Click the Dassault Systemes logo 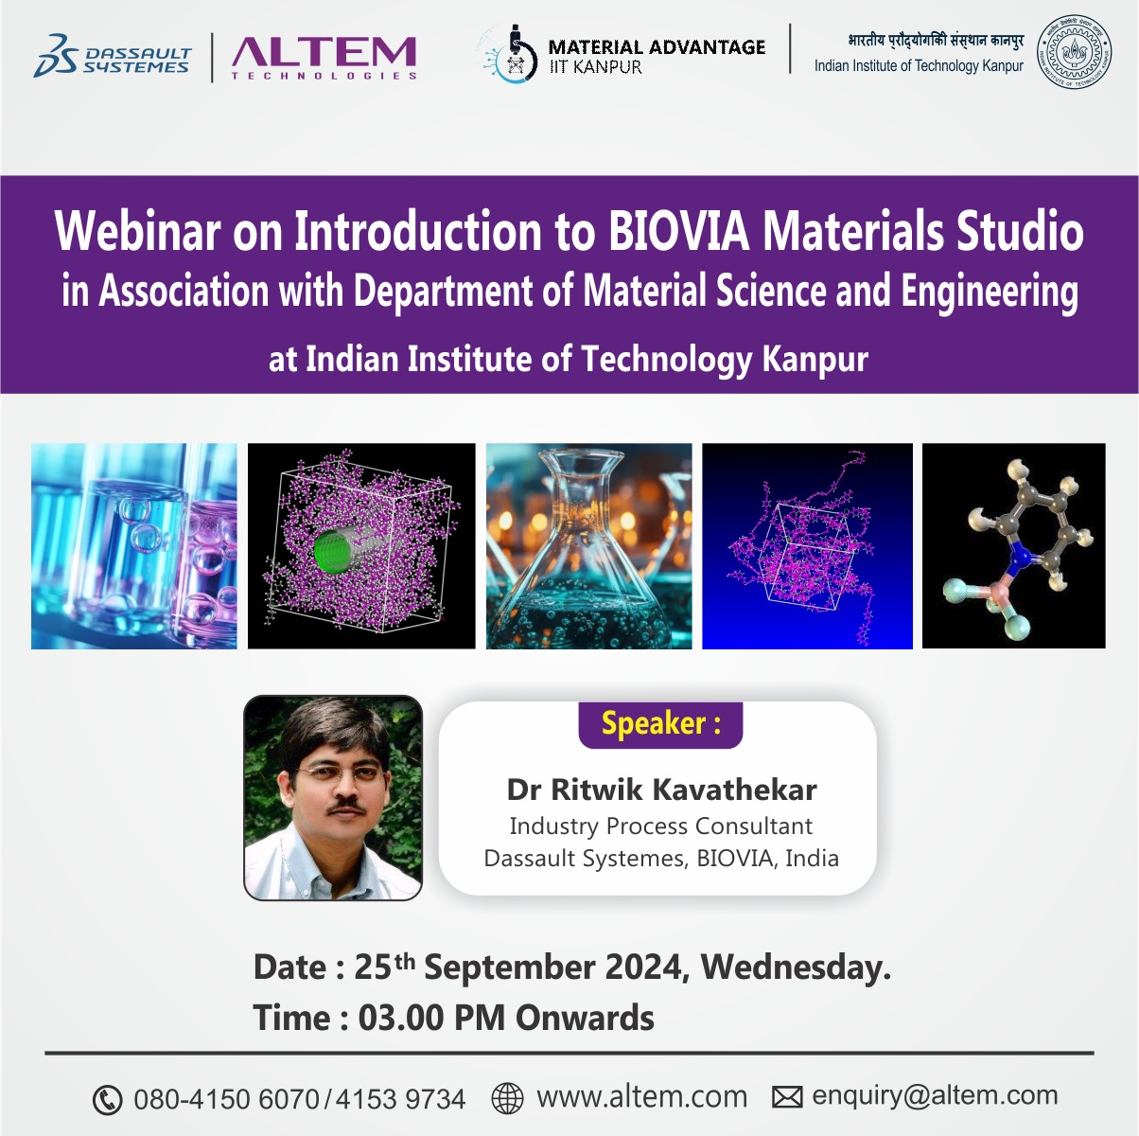click(x=113, y=56)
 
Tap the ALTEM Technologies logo click(x=324, y=58)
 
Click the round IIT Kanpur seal click(x=1074, y=52)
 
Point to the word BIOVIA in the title click(x=678, y=231)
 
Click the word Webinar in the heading click(x=138, y=231)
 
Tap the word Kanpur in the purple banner click(x=815, y=359)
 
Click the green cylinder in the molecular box click(x=334, y=550)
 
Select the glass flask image click(x=588, y=546)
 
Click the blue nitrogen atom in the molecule click(x=1019, y=557)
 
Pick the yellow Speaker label click(x=661, y=723)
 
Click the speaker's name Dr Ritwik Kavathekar click(x=661, y=790)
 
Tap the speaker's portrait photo click(x=333, y=797)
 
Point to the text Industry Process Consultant click(x=661, y=825)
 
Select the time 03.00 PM click(x=430, y=1019)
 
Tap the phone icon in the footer click(x=108, y=1100)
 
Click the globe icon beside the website click(x=507, y=1098)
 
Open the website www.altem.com click(x=642, y=1097)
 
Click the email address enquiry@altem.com click(x=935, y=1096)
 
